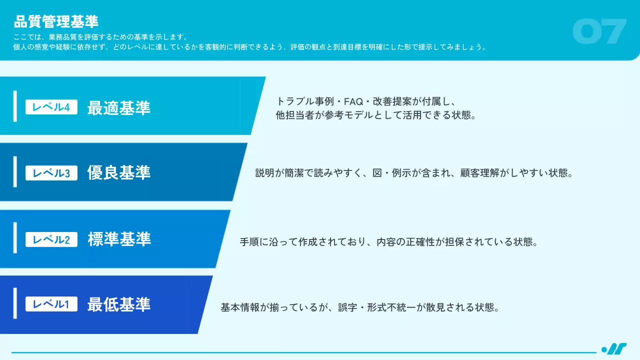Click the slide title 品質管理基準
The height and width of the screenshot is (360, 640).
point(56,21)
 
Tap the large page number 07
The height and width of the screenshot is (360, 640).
point(599,31)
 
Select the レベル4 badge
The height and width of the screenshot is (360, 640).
point(51,107)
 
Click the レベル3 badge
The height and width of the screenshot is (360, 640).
point(51,173)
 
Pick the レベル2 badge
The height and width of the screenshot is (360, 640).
point(51,239)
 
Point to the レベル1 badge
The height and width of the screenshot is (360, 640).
point(51,304)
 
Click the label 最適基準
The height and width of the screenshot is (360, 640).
point(119,107)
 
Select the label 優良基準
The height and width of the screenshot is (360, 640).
point(119,173)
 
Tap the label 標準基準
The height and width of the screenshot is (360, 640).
point(119,239)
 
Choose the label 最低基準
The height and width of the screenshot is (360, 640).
point(119,304)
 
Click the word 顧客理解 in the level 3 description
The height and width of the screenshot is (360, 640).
point(477,173)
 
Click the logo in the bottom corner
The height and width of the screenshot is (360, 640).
point(613,349)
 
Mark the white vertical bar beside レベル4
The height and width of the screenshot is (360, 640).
point(15,106)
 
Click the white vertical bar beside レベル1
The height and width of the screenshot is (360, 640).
point(15,303)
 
